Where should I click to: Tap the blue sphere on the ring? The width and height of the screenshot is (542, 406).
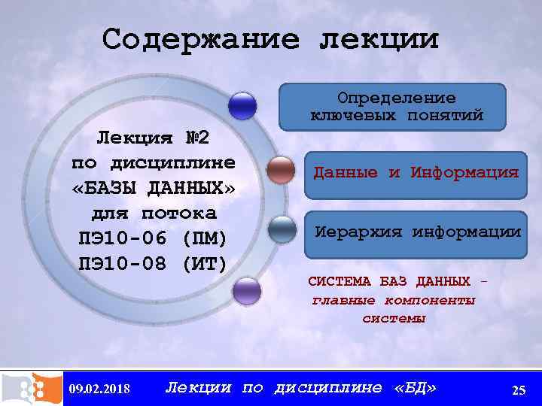point(242,106)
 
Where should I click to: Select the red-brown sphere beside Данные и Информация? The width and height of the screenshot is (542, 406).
point(281,171)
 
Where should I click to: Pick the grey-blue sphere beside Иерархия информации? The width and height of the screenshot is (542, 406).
point(282,229)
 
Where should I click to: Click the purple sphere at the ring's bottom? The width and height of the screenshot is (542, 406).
point(246,291)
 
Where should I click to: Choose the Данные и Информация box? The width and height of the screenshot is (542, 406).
point(416,173)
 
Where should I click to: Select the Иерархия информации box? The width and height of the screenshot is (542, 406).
point(416,232)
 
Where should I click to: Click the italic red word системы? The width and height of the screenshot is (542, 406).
point(393,318)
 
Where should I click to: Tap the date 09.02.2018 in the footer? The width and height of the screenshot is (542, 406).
point(99,389)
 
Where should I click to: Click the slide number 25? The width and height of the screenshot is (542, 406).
point(518,389)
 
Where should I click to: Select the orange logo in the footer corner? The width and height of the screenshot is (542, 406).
point(31,388)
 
